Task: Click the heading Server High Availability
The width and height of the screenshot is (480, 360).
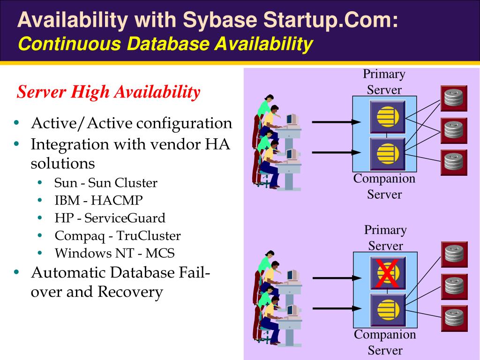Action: [x=109, y=92]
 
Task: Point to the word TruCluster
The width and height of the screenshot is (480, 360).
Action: [x=149, y=236]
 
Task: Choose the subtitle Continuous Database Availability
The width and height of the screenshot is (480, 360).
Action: [x=165, y=44]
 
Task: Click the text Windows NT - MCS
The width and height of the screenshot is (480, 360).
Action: [x=114, y=253]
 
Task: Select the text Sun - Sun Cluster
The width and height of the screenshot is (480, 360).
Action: [x=106, y=183]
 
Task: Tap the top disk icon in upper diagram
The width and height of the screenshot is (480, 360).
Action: [x=453, y=98]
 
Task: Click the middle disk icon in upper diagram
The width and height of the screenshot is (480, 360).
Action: [x=453, y=130]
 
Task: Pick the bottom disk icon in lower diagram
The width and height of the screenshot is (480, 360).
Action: [x=454, y=318]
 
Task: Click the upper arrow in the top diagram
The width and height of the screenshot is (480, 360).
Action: [x=334, y=122]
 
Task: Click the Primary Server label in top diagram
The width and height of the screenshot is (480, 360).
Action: [x=384, y=82]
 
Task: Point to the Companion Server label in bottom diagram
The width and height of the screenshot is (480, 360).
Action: [x=385, y=342]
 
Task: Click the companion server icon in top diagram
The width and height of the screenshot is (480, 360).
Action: [x=387, y=153]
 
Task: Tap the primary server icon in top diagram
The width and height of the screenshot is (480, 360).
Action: [x=387, y=116]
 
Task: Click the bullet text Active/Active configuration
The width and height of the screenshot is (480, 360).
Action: [x=131, y=123]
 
